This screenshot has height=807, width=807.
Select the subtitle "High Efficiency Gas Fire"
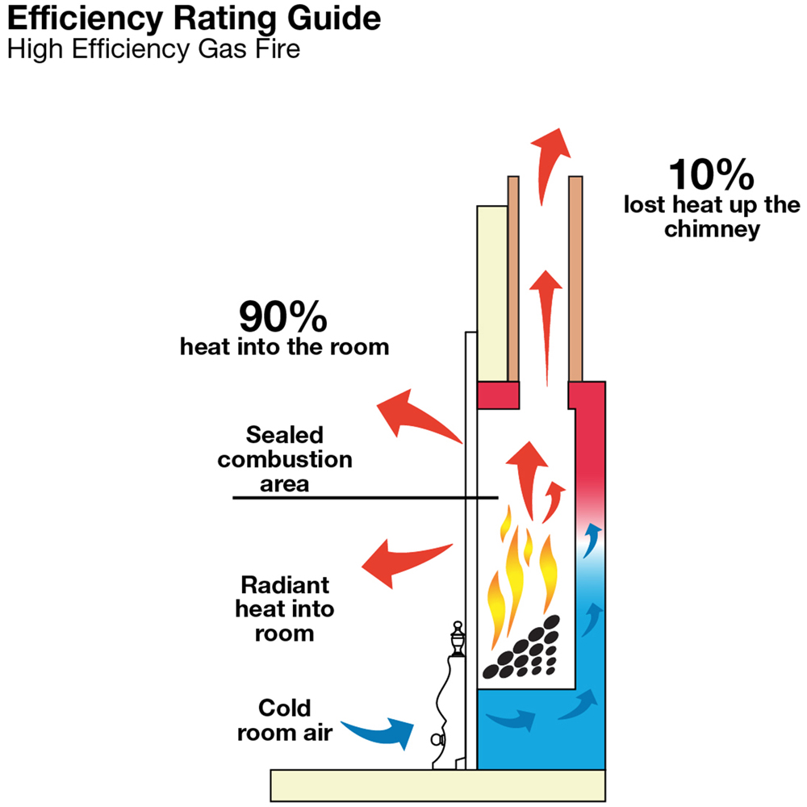153,49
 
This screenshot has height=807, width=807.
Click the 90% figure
283,317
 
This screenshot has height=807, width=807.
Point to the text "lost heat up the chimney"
711,216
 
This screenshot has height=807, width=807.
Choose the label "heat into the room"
284,348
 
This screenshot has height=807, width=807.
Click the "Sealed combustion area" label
285,459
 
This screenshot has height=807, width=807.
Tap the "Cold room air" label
284,721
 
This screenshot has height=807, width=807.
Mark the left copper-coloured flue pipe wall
512,278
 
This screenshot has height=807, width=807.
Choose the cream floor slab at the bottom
437,782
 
